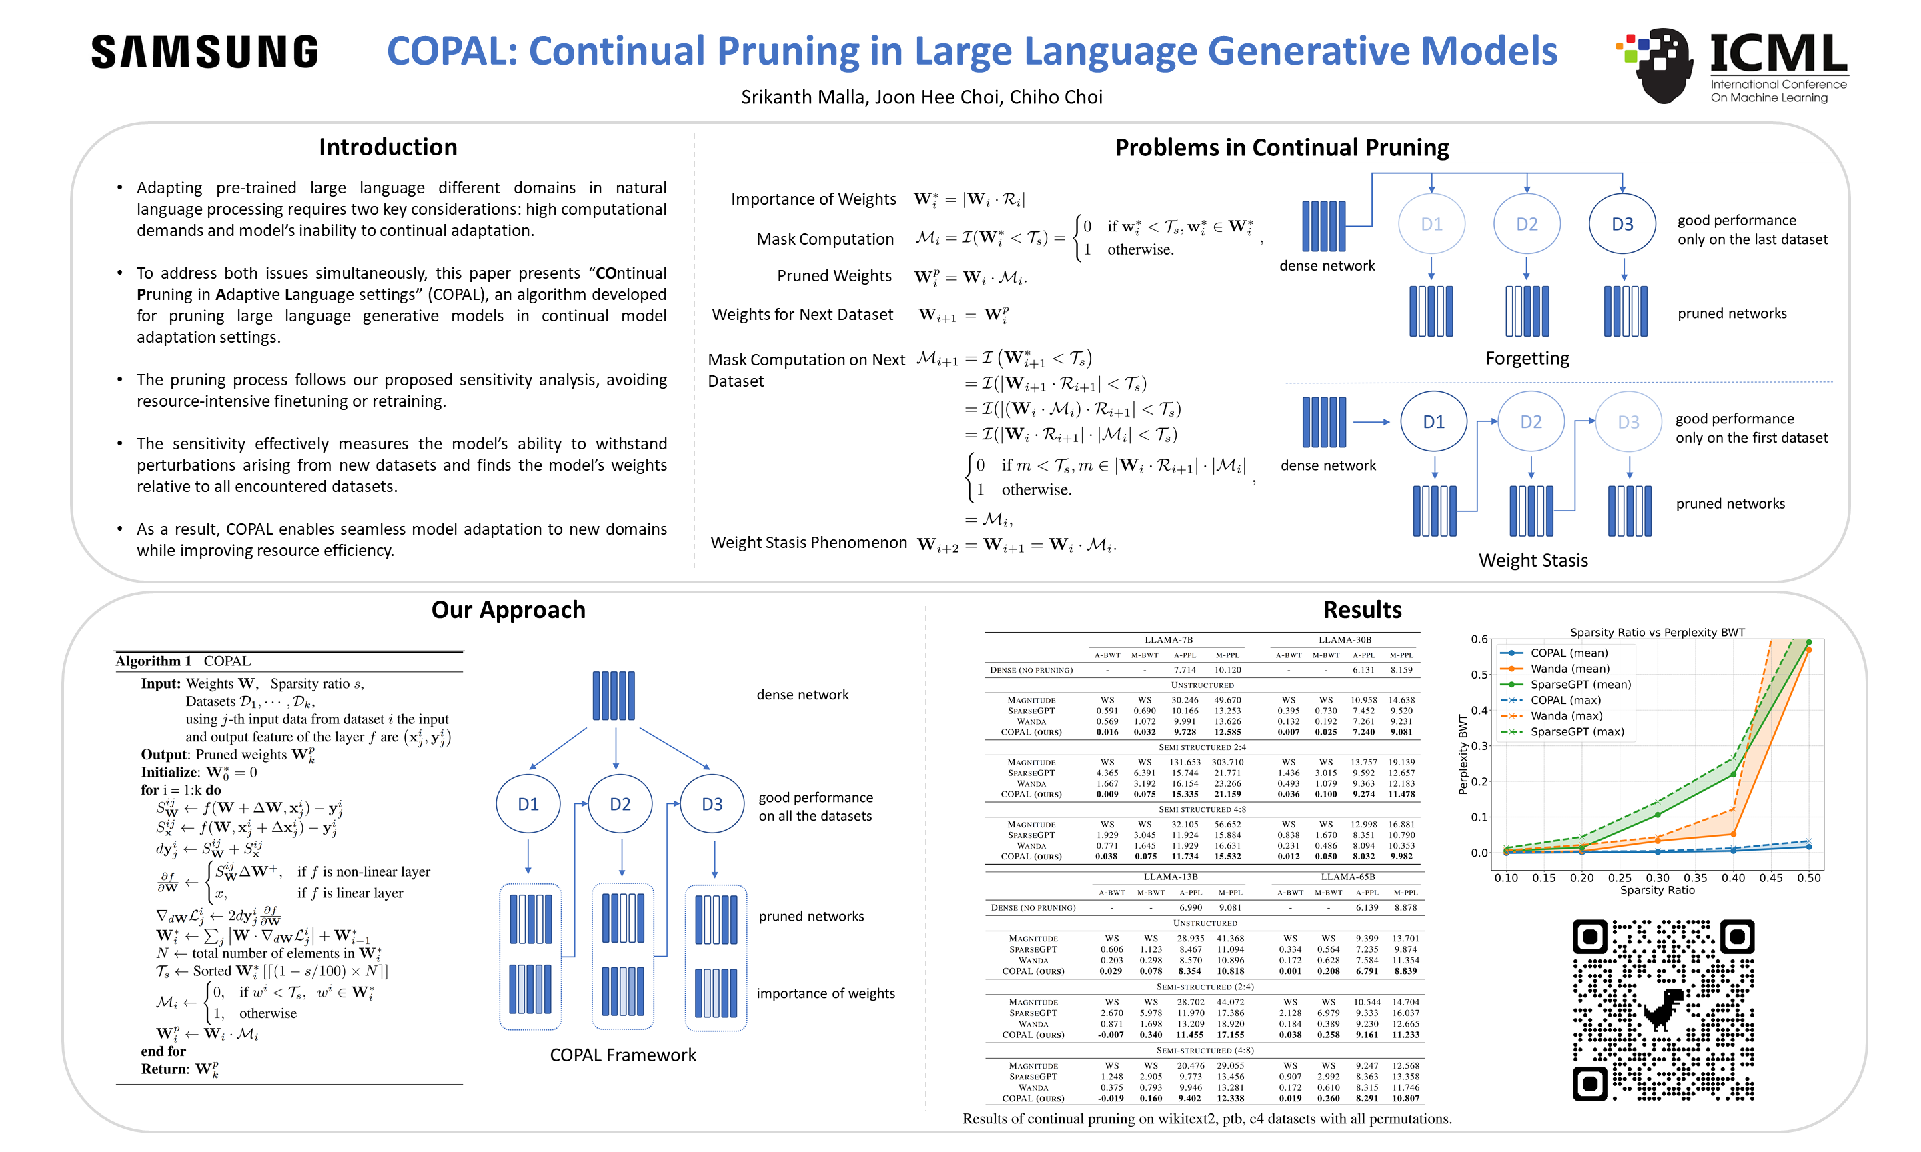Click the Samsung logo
204,51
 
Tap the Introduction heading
388,147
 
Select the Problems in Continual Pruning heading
1281,147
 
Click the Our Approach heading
508,609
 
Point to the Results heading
1362,609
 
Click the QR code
1664,1009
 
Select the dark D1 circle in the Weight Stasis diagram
1433,421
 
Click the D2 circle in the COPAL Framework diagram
620,804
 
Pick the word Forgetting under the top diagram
1527,358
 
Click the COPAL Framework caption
623,1055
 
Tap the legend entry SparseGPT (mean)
1580,685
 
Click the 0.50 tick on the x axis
1808,878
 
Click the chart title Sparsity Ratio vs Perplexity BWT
1657,632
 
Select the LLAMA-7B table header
1168,639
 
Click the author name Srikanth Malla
802,97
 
